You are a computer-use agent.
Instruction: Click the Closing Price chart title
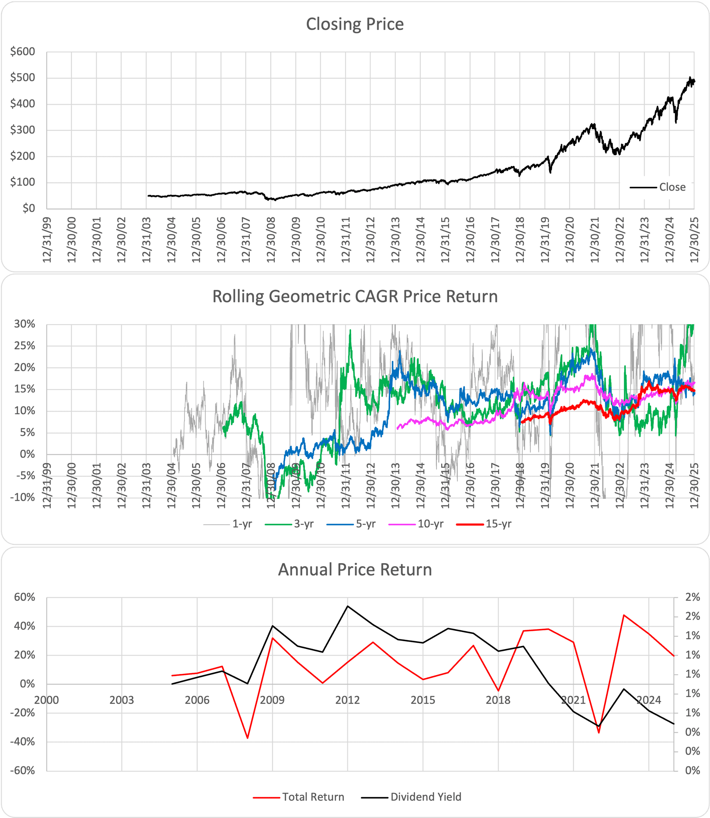[355, 24]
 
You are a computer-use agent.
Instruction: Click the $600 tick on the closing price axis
[23, 51]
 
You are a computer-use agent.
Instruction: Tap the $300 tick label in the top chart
[23, 130]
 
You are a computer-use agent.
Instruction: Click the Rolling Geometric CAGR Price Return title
[355, 297]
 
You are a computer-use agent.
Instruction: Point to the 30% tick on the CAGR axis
[24, 324]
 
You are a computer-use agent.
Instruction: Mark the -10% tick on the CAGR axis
[24, 497]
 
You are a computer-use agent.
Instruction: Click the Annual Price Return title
[355, 569]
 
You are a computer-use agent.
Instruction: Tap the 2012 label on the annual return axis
[348, 700]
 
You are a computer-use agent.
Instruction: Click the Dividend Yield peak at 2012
[348, 606]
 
